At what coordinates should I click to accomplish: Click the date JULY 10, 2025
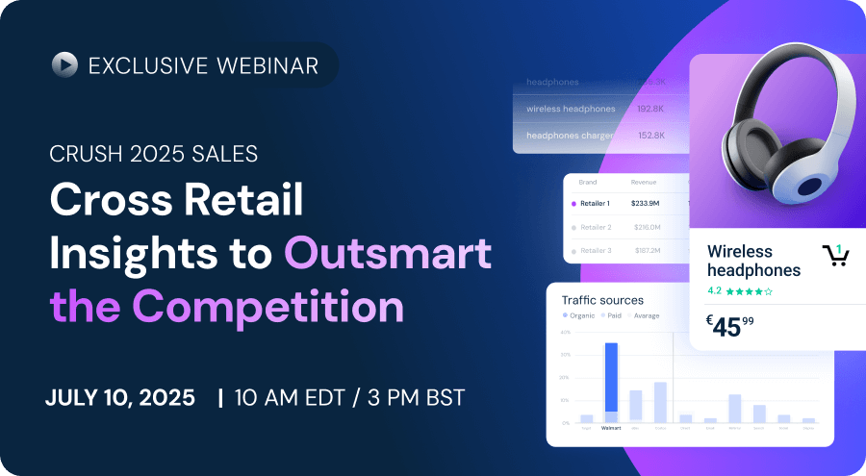click(119, 397)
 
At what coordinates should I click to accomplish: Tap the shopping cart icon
click(834, 255)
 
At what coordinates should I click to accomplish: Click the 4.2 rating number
click(715, 290)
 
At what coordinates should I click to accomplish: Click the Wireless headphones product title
click(753, 261)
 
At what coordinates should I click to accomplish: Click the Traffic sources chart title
click(602, 300)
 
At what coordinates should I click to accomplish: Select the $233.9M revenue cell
click(646, 204)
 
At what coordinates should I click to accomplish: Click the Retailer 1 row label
click(601, 204)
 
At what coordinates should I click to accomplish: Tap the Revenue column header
click(644, 181)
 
